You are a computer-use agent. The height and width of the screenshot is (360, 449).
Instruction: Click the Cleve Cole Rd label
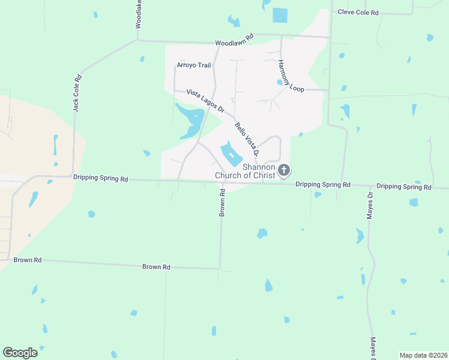[x=358, y=12]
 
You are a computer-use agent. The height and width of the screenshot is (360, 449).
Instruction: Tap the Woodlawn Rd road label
[x=235, y=40]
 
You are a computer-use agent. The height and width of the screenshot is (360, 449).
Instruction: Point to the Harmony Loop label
[x=291, y=75]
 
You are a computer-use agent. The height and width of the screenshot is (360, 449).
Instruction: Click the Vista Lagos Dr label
[x=205, y=101]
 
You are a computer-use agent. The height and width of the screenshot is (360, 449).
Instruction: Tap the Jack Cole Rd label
[x=76, y=93]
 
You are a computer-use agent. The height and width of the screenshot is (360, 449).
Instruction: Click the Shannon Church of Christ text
[x=258, y=171]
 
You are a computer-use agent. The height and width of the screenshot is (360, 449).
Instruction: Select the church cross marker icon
[x=285, y=171]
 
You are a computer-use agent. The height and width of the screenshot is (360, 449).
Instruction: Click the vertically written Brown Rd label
[x=222, y=203]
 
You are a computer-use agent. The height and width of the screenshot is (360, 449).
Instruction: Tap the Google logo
[x=20, y=352]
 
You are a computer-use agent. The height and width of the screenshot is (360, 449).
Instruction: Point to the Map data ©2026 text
[x=423, y=355]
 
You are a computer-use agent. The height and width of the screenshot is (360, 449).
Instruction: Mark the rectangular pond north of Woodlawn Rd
[x=280, y=15]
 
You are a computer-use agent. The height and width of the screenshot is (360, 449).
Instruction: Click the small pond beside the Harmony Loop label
[x=280, y=82]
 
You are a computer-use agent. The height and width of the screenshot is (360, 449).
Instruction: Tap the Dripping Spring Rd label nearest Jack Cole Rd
[x=101, y=178]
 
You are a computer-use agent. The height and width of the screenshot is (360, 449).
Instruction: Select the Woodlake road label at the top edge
[x=139, y=14]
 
